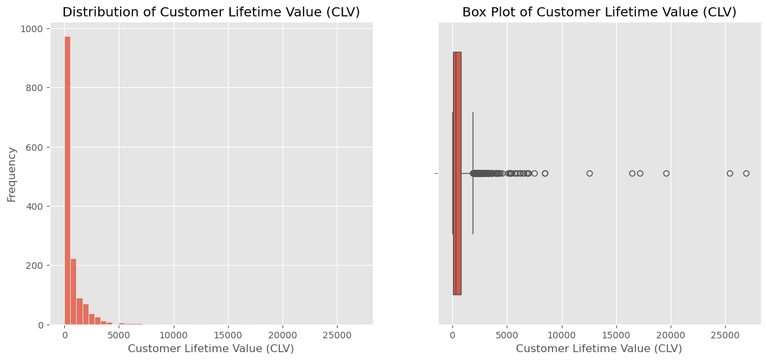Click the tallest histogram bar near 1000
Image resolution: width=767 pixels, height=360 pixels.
(67, 180)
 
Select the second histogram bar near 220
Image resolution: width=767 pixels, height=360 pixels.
(73, 292)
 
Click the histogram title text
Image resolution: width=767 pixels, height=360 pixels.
(211, 12)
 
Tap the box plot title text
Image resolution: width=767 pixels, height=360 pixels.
(599, 12)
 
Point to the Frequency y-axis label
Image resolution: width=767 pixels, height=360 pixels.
(11, 174)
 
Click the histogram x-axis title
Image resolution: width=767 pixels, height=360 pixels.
(211, 349)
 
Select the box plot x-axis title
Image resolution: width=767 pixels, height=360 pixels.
(599, 349)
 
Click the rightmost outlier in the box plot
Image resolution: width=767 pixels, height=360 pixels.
(746, 173)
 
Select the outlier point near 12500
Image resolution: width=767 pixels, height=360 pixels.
(589, 173)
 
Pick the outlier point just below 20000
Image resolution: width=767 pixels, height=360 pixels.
(666, 173)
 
